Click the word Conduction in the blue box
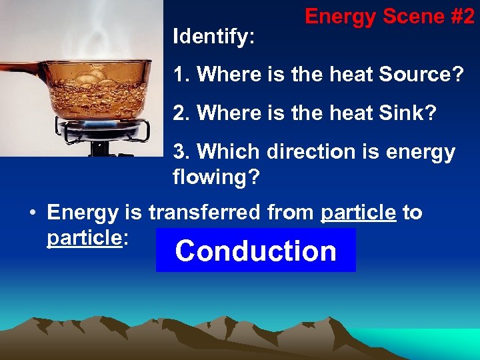pyautogui.click(x=256, y=251)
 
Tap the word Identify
pyautogui.click(x=213, y=37)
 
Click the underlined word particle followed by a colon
pyautogui.click(x=83, y=238)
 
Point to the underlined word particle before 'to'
pyautogui.click(x=358, y=213)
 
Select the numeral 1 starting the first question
pyautogui.click(x=179, y=74)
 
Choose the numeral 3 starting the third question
pyautogui.click(x=179, y=152)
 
